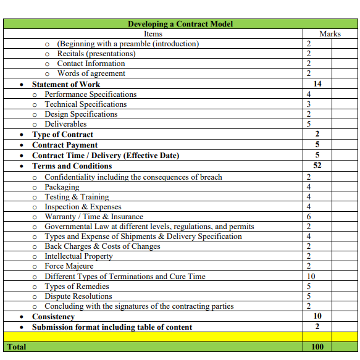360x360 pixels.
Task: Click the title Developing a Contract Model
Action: tap(180, 24)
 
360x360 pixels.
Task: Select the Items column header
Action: tap(153, 34)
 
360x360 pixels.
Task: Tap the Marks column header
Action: tap(330, 34)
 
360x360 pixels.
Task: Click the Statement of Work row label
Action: tap(65, 84)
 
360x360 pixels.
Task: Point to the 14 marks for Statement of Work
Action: tap(317, 83)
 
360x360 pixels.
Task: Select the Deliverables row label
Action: tap(65, 124)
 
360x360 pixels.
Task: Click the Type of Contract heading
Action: tap(62, 135)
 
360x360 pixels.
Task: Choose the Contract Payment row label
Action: tap(65, 145)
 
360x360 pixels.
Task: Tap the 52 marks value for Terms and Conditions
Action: tap(317, 165)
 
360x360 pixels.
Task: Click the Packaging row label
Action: tap(62, 187)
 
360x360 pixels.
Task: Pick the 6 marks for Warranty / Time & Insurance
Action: tap(309, 217)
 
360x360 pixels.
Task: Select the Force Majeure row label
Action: tap(69, 266)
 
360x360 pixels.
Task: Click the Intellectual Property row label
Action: tap(78, 256)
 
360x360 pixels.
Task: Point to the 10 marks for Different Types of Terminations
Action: tap(311, 276)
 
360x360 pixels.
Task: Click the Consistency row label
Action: tap(53, 316)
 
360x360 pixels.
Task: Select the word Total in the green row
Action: tap(17, 346)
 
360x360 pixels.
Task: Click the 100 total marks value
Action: tap(317, 346)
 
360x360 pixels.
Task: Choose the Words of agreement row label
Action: tap(91, 73)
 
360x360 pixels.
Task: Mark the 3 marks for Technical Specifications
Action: tap(309, 104)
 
